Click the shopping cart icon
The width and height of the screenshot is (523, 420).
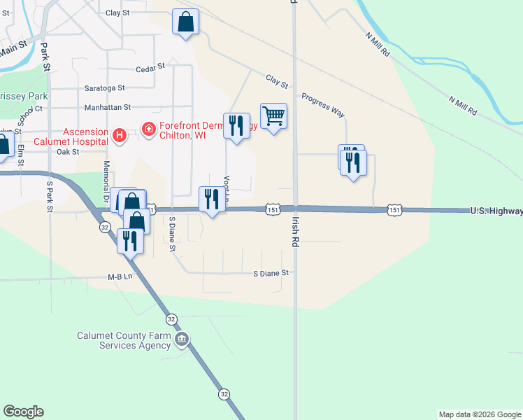pyautogui.click(x=273, y=115)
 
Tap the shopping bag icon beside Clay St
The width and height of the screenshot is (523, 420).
pyautogui.click(x=185, y=22)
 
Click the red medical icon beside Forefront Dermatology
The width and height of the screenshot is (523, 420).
pyautogui.click(x=148, y=129)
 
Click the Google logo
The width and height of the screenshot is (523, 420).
pyautogui.click(x=23, y=412)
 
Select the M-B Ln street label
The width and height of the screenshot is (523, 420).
pyautogui.click(x=120, y=277)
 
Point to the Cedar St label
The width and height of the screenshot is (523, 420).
pyautogui.click(x=150, y=68)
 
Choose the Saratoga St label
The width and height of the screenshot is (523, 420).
pyautogui.click(x=104, y=88)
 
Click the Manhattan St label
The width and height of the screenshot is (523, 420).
pyautogui.click(x=108, y=108)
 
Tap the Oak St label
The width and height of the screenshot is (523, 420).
pyautogui.click(x=68, y=151)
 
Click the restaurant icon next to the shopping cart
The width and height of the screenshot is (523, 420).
pyautogui.click(x=236, y=125)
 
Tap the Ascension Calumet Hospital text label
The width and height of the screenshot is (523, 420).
pyautogui.click(x=85, y=136)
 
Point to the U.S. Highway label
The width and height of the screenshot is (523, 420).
pyautogui.click(x=496, y=211)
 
